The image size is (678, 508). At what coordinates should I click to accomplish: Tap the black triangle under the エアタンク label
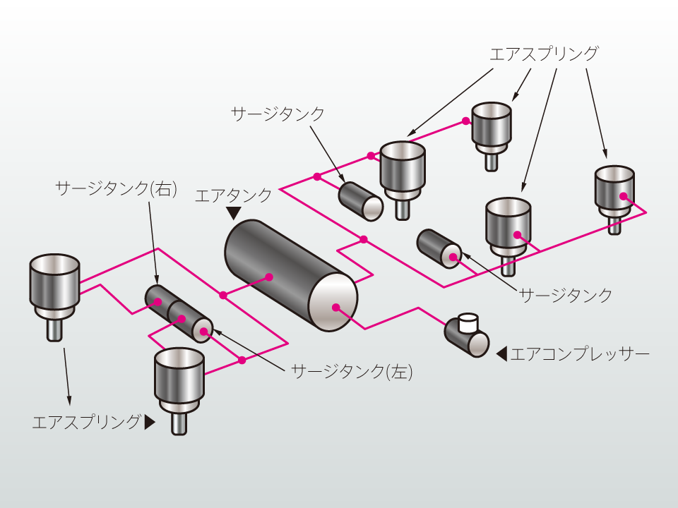[x=233, y=212]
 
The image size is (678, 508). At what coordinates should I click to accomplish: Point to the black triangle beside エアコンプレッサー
[x=502, y=353]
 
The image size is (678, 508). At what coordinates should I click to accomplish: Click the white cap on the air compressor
[x=468, y=322]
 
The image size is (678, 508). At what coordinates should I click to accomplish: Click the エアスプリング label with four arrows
[x=545, y=54]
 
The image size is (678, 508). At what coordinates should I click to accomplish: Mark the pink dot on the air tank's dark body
[x=269, y=277]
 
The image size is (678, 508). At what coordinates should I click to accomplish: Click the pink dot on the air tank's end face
[x=336, y=307]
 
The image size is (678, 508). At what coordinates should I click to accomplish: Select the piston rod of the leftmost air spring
[x=54, y=329]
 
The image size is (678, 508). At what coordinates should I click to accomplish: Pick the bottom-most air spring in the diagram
[x=180, y=382]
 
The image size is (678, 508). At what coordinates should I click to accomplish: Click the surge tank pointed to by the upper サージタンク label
[x=360, y=200]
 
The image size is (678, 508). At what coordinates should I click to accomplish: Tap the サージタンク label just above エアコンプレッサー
[x=566, y=295]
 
